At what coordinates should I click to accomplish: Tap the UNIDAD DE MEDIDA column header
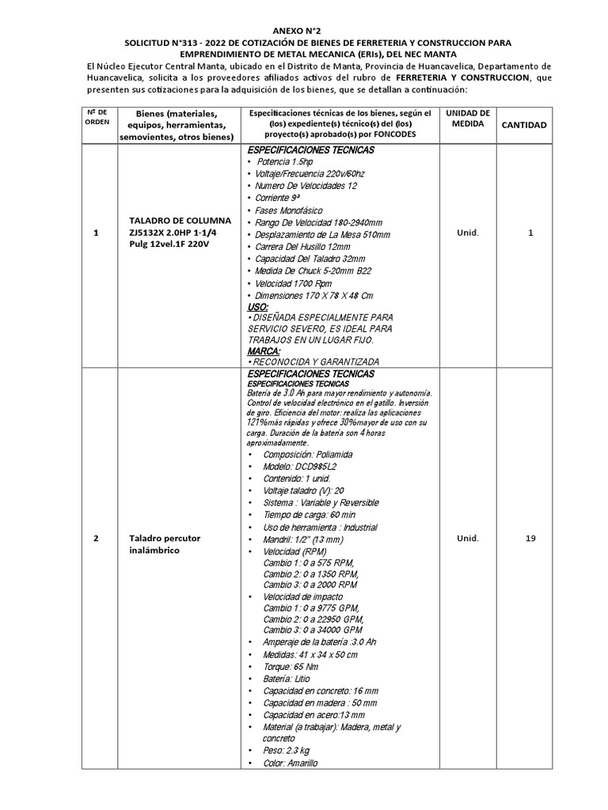(x=468, y=119)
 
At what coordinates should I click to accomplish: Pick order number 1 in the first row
(x=96, y=233)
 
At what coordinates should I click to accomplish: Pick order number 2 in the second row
(x=96, y=539)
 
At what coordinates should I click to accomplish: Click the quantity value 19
(x=530, y=539)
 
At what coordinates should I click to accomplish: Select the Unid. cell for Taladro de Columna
(x=468, y=233)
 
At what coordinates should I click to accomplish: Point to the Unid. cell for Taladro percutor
(x=468, y=539)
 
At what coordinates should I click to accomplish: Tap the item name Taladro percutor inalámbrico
(x=165, y=544)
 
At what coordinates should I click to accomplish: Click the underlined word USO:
(x=258, y=305)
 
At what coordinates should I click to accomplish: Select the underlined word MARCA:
(x=264, y=350)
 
